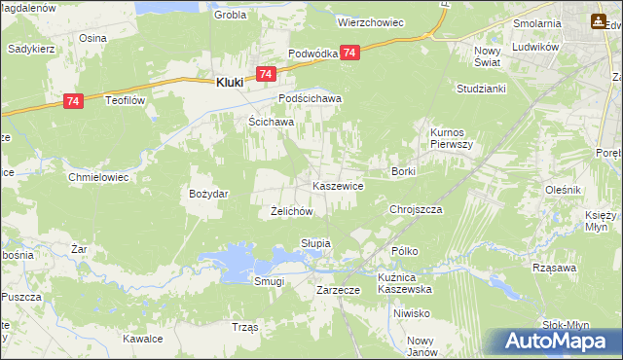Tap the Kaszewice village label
tap(338, 185)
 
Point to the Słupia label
tap(316, 243)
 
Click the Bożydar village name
tap(208, 194)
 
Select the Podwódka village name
tap(312, 54)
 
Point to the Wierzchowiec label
tap(370, 20)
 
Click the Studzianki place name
tap(477, 89)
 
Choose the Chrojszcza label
tap(416, 209)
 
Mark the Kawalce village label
tap(141, 340)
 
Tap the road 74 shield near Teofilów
tap(73, 100)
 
